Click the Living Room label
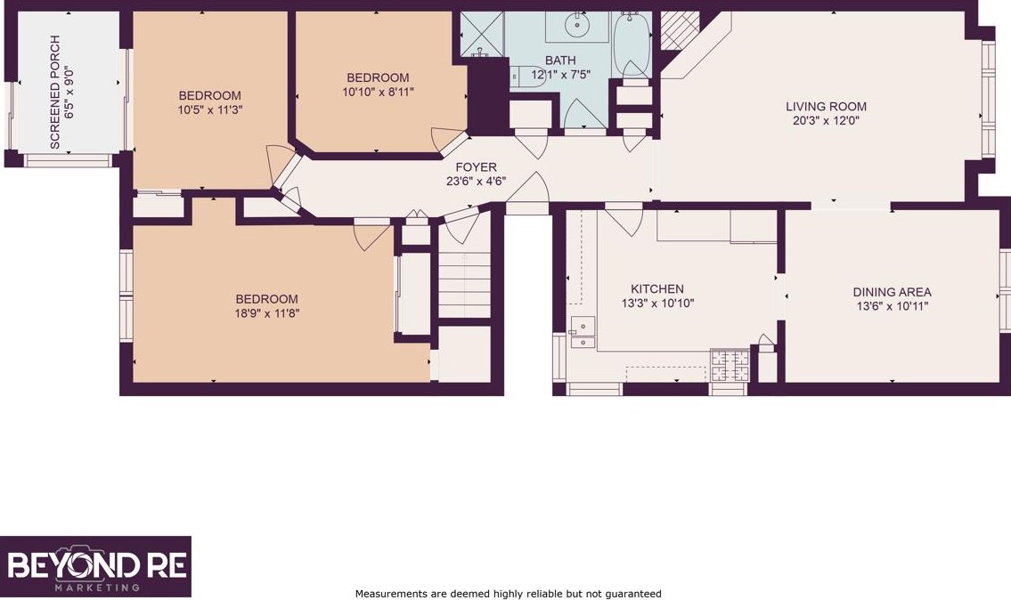[x=826, y=106]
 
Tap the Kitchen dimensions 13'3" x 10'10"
[x=657, y=304]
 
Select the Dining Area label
[x=893, y=292]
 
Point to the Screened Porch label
[x=55, y=93]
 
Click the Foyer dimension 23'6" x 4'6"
[x=476, y=182]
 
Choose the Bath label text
[x=560, y=60]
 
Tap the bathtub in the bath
[x=632, y=45]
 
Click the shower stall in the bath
[x=482, y=34]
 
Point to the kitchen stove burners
[x=730, y=365]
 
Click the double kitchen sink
[x=583, y=333]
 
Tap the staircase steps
[x=465, y=284]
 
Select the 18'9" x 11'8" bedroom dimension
[x=267, y=314]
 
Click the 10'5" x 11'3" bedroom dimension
[x=210, y=110]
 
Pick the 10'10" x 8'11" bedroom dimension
[x=378, y=93]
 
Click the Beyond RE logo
[x=95, y=566]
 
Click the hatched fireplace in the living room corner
[x=680, y=30]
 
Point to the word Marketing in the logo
[x=97, y=588]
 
